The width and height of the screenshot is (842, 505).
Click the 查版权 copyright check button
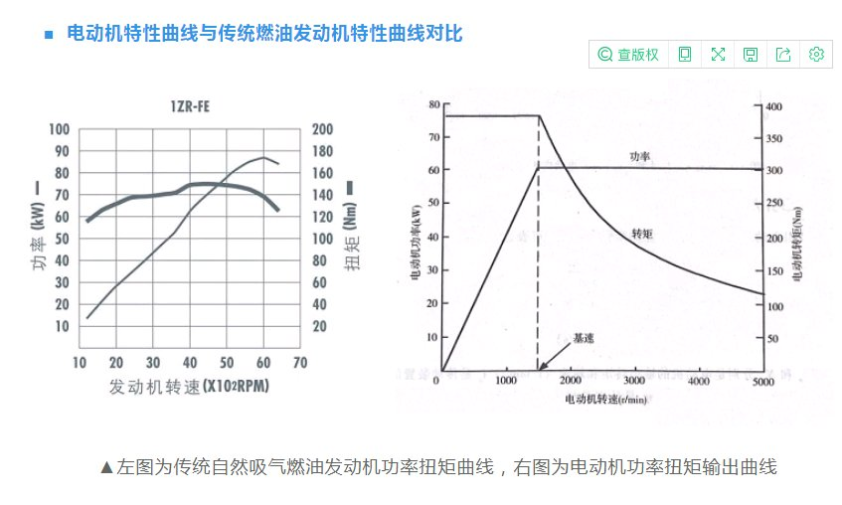628,55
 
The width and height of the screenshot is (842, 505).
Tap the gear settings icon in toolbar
816,55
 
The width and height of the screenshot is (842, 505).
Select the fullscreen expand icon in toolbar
718,55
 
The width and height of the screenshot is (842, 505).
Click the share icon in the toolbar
783,55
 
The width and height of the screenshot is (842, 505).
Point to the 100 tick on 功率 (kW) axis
61,129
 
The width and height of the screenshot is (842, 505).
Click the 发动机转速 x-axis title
189,386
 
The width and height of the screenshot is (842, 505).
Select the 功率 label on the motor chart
639,156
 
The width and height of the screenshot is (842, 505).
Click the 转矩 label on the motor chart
642,234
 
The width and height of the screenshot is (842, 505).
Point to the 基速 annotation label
584,338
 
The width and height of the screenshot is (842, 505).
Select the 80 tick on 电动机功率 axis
433,103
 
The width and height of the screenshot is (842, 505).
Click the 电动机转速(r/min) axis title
602,400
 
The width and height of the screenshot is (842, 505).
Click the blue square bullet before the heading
48,35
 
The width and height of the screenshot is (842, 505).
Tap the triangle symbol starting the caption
107,466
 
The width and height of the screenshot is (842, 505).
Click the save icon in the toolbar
751,55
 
